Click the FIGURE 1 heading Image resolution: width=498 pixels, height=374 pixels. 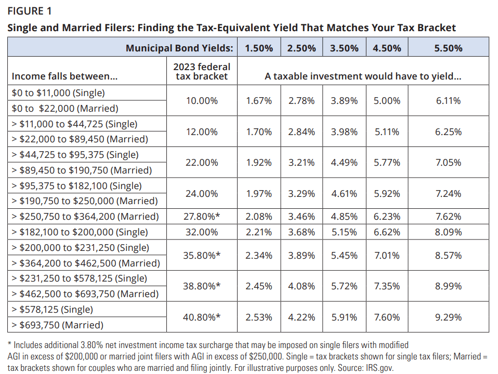pos(29,10)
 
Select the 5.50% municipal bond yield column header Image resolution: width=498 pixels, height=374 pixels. pos(448,48)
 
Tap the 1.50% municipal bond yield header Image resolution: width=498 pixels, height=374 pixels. pos(259,48)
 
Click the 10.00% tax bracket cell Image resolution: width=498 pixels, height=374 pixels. pos(202,101)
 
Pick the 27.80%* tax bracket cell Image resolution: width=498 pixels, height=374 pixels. pos(202,217)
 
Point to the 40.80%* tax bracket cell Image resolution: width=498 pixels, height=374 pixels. pos(202,317)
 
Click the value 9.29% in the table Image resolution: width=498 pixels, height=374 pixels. pos(448,317)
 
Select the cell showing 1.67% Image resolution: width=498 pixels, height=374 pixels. pos(259,101)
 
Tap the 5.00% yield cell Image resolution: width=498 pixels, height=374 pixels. pos(387,101)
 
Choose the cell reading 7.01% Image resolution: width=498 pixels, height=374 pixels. pos(387,256)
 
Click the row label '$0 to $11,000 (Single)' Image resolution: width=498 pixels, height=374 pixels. pos(58,93)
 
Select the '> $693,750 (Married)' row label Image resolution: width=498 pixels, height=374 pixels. pos(57,325)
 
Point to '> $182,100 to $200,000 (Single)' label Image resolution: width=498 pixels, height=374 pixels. pos(80,232)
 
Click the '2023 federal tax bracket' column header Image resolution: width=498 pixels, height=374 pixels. pos(202,71)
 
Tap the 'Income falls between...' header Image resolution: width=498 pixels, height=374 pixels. pos(64,76)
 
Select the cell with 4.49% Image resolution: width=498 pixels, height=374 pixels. pos(344,163)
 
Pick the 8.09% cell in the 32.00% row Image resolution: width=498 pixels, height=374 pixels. pos(448,232)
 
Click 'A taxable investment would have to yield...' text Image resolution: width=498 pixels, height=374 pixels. pos(363,76)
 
